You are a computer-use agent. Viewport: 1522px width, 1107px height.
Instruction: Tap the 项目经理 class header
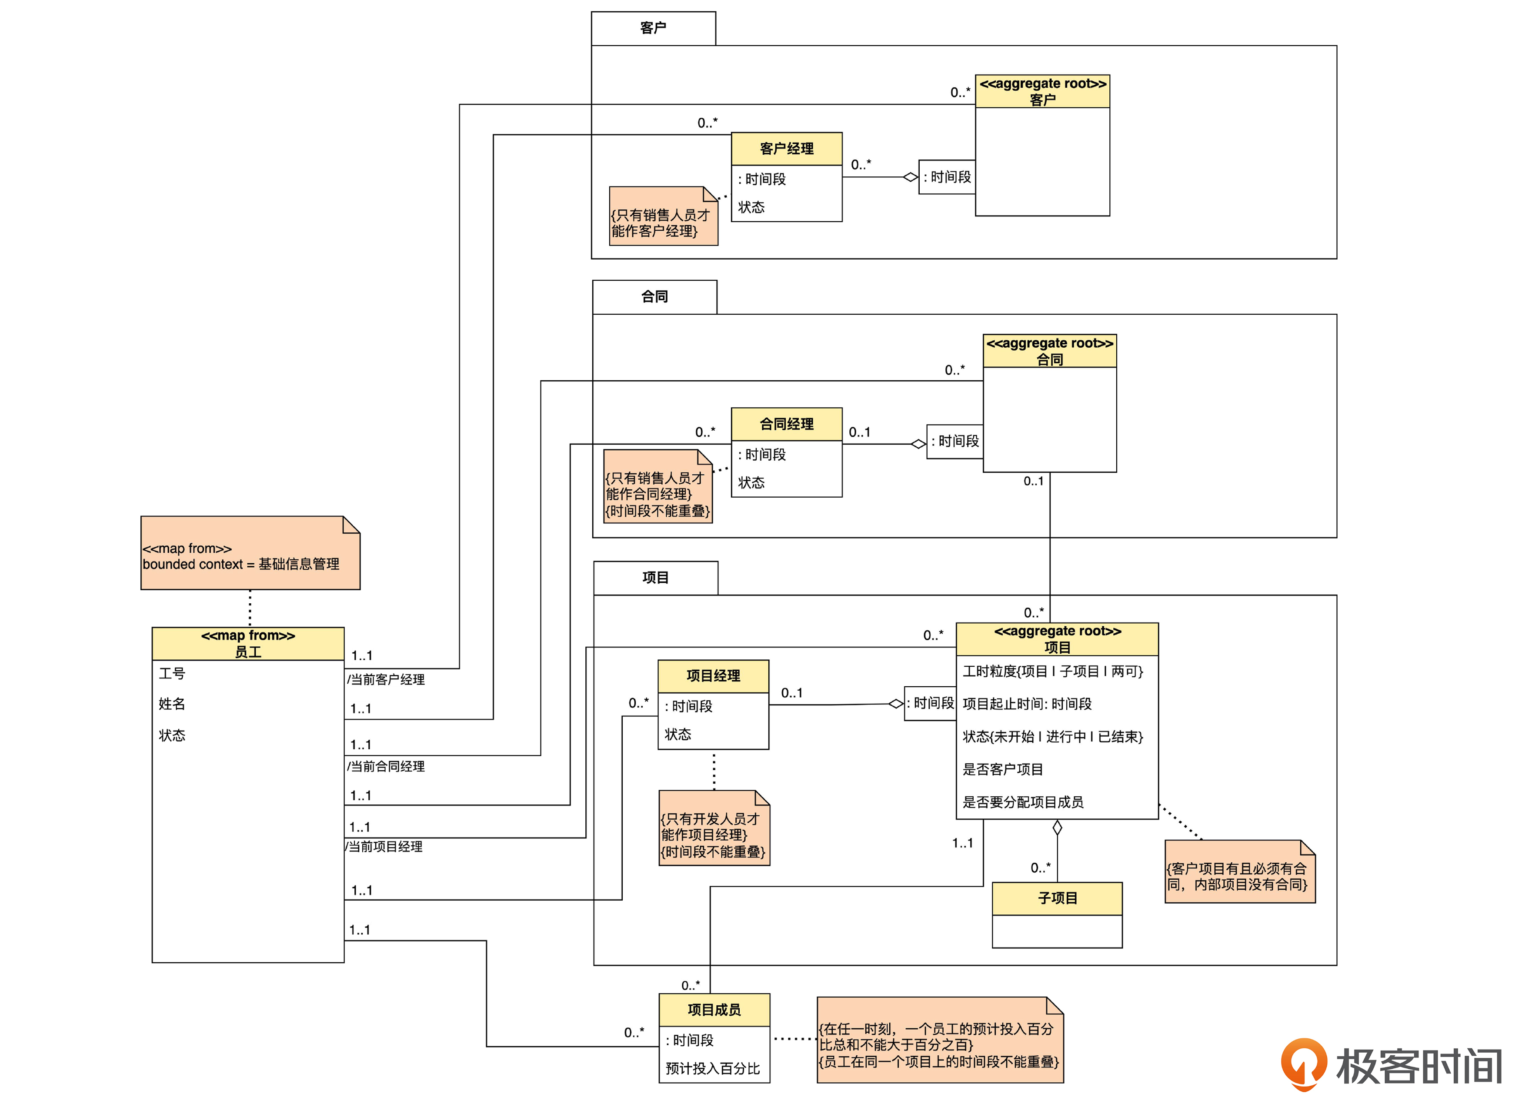click(713, 675)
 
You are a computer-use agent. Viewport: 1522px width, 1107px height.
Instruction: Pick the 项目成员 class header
click(714, 1010)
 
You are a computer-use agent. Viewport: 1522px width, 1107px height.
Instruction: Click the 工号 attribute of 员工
click(172, 673)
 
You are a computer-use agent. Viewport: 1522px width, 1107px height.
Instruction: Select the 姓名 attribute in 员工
click(172, 704)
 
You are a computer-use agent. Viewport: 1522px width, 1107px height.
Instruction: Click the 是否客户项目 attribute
click(1003, 770)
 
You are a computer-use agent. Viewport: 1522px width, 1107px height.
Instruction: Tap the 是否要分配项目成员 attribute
click(1023, 802)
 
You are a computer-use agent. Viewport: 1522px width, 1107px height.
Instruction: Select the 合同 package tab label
click(654, 296)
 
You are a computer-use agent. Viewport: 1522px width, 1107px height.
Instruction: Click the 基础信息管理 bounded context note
click(250, 555)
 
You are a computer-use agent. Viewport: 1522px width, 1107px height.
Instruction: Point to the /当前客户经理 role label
click(387, 680)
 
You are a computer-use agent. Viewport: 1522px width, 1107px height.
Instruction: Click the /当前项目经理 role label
click(384, 847)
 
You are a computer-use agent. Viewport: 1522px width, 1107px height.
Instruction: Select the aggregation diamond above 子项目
click(1057, 828)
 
